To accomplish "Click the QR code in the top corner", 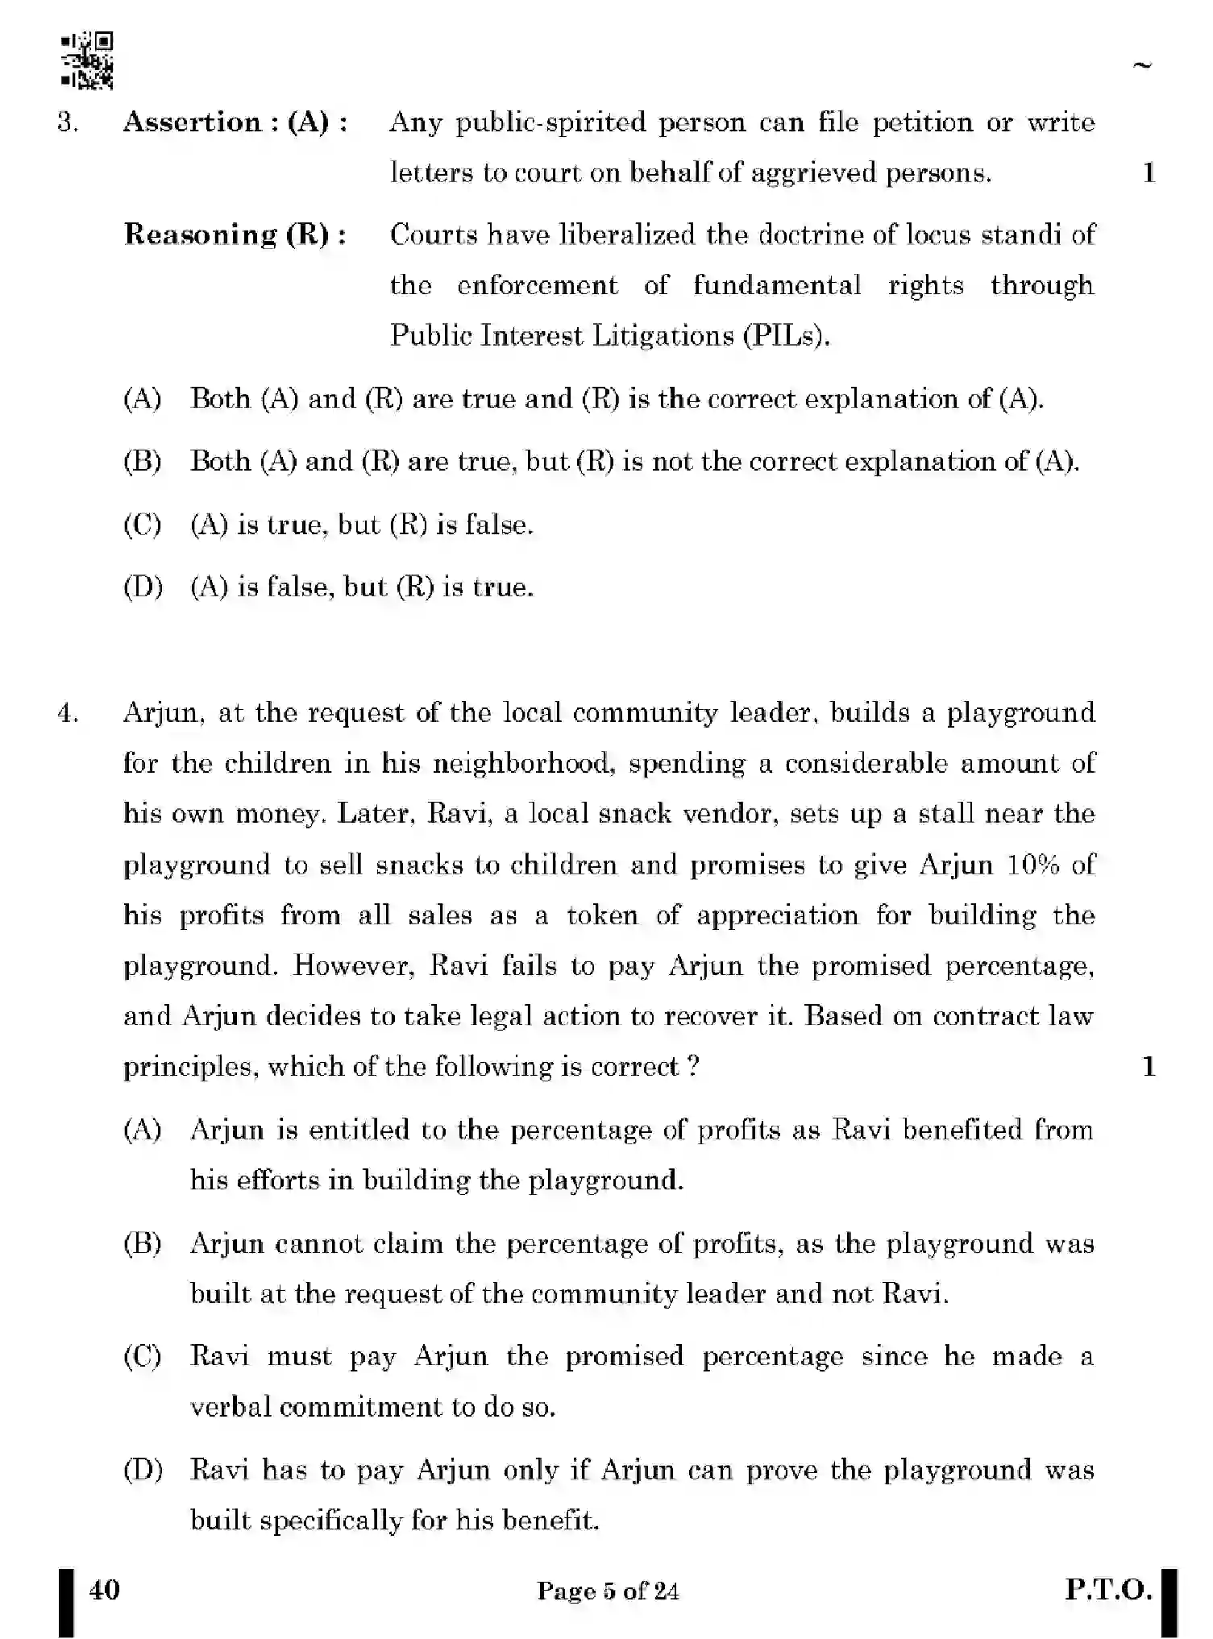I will tap(87, 60).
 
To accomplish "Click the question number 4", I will tap(69, 714).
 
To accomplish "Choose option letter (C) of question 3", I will tap(143, 525).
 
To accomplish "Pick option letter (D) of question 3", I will tap(143, 587).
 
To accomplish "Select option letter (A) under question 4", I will tap(143, 1130).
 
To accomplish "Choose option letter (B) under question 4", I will tap(143, 1243).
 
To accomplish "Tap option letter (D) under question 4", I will tap(143, 1470).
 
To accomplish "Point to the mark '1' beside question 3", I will tap(1149, 172).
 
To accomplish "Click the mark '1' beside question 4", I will tap(1149, 1067).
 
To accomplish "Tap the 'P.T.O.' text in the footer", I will tap(1108, 1590).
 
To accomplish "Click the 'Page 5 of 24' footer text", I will tap(608, 1591).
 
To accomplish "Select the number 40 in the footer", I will tap(105, 1589).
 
